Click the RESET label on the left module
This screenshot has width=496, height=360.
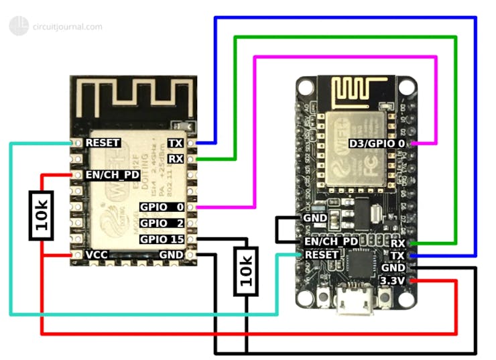[103, 143]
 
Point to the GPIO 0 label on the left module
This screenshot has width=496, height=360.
[162, 207]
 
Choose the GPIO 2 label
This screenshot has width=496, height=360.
[162, 223]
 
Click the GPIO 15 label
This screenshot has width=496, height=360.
[162, 239]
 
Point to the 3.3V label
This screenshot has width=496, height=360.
[393, 281]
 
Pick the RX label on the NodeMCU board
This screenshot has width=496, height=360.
[398, 243]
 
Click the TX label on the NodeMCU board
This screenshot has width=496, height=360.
[398, 255]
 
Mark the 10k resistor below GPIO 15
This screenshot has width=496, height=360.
[246, 270]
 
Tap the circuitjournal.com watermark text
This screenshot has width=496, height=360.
[67, 27]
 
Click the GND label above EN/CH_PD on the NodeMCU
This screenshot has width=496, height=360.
[314, 219]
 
